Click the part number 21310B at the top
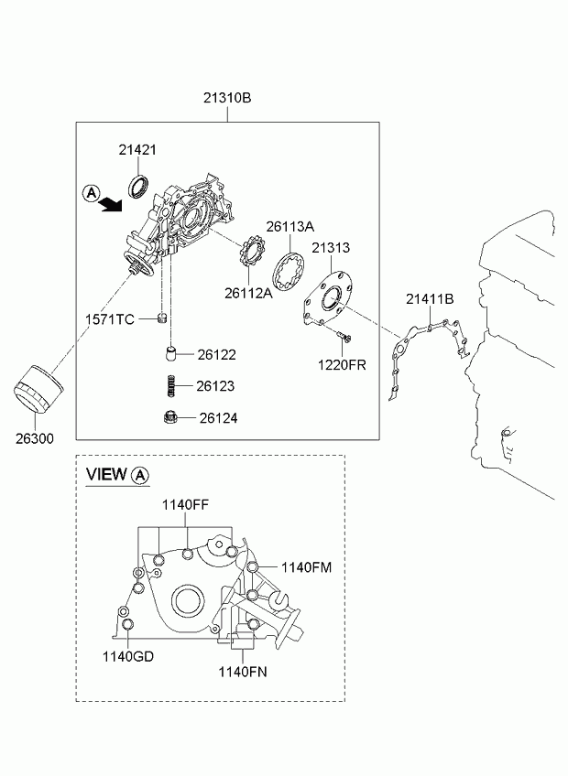tap(227, 98)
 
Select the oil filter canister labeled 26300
tap(38, 389)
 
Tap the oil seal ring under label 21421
tap(138, 186)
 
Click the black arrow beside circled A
tap(110, 203)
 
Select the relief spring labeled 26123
tap(171, 385)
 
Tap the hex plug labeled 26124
tap(170, 418)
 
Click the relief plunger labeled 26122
tap(171, 354)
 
